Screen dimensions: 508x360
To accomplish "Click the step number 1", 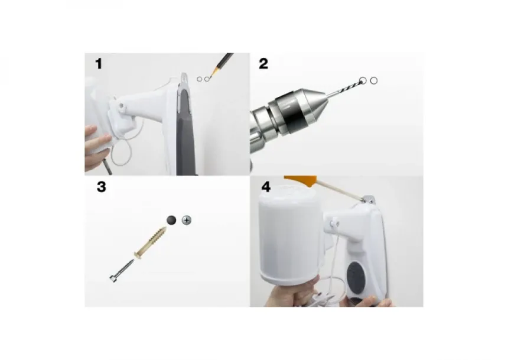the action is [x=99, y=64].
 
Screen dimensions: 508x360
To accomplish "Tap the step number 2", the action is [x=263, y=64].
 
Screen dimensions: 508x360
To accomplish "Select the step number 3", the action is [x=102, y=187].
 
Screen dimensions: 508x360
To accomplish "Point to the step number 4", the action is [x=266, y=187].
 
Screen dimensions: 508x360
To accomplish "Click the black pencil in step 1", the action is [x=222, y=64].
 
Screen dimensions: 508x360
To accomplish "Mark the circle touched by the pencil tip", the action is [x=207, y=79].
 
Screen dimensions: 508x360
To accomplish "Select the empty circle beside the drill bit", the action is [x=373, y=81].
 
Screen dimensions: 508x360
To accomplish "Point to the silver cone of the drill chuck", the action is [x=312, y=105].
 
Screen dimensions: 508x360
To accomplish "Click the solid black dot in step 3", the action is [x=171, y=220].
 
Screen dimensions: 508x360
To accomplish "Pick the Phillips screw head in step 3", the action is [x=187, y=220].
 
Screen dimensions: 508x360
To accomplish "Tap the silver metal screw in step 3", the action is [x=122, y=271].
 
